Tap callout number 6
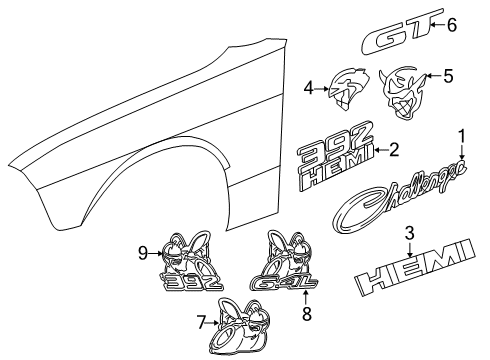pos(452,25)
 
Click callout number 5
pos(447,74)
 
